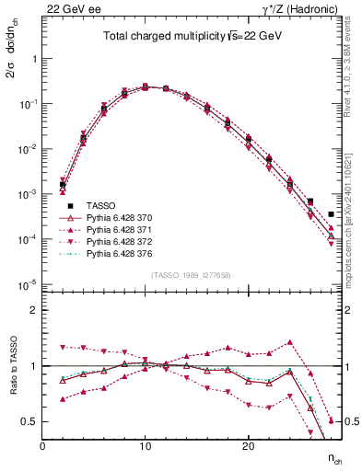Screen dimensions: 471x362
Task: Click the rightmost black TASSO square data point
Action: tap(331, 214)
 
